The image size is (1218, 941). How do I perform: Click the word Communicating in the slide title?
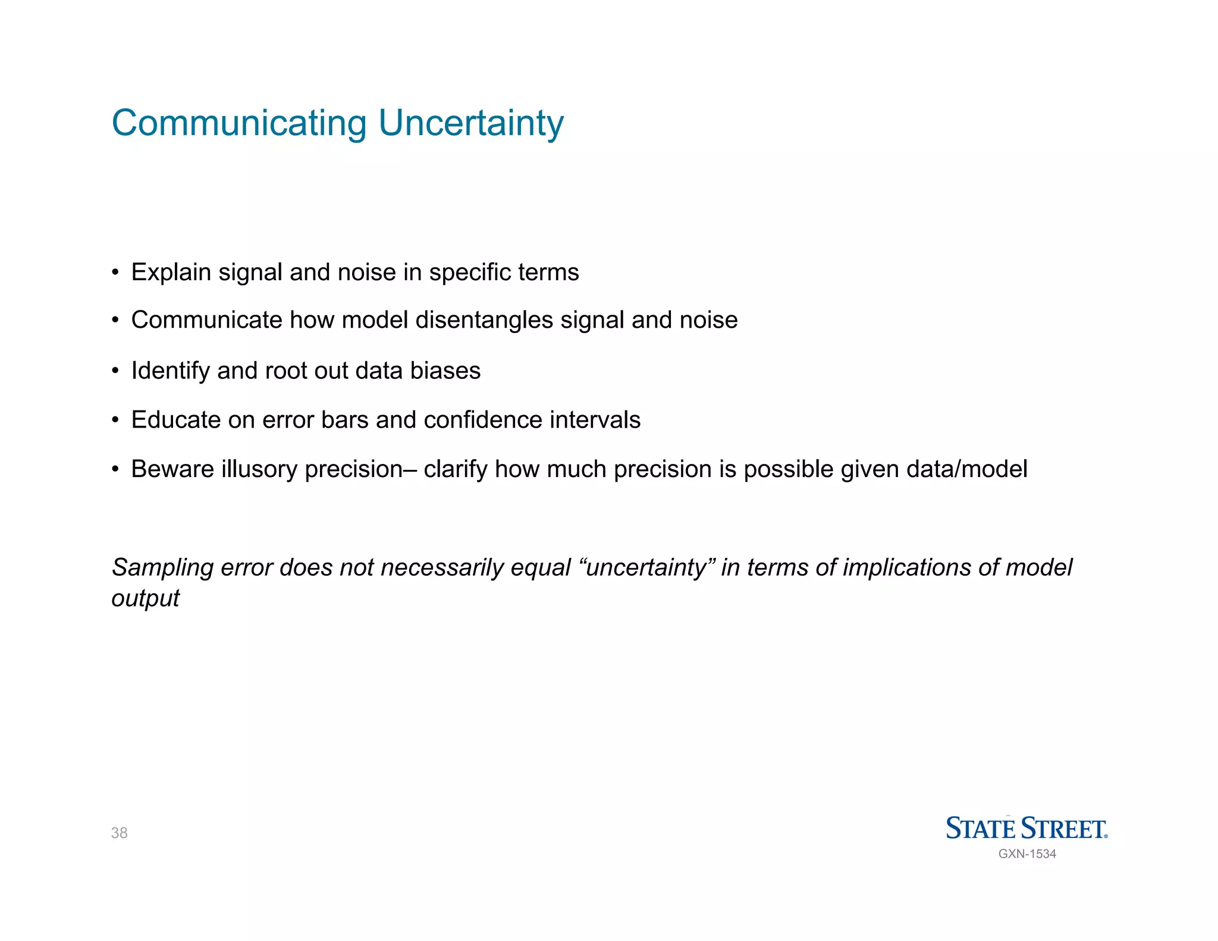[239, 123]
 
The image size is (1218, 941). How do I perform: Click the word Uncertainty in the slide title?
[470, 123]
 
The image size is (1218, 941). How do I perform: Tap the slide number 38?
[119, 833]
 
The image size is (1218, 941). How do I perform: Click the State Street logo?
[1026, 828]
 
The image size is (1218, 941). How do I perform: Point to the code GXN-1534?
[1027, 854]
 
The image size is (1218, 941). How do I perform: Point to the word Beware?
[172, 469]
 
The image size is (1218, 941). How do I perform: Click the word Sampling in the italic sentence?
[162, 568]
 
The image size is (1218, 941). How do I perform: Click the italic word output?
[145, 598]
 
